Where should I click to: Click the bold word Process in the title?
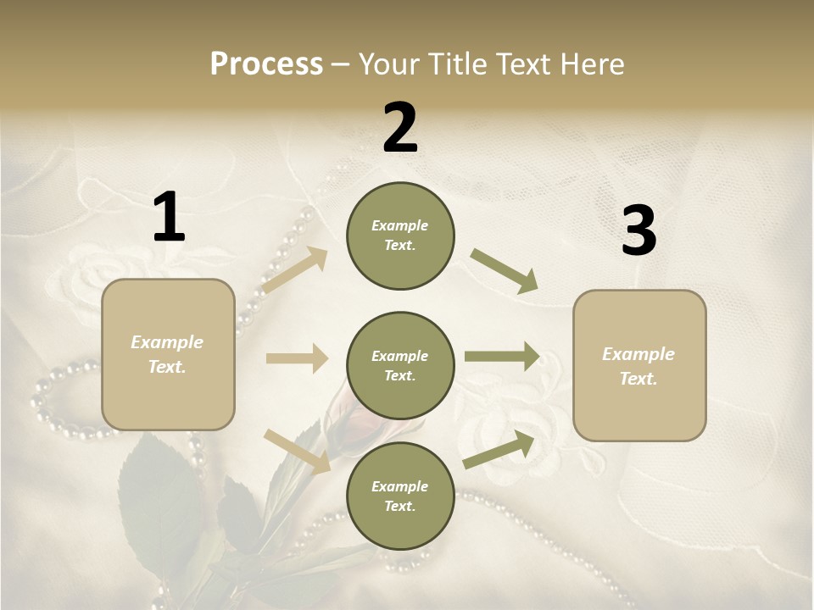tap(266, 64)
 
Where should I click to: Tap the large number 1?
tap(169, 218)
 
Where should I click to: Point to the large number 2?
tap(400, 128)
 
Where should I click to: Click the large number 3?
tap(638, 231)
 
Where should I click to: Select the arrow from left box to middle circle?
tap(297, 358)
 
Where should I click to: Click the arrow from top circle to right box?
tap(505, 271)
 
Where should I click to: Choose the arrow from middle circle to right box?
tap(502, 356)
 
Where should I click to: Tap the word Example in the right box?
tap(638, 354)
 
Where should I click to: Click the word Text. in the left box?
tap(167, 367)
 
